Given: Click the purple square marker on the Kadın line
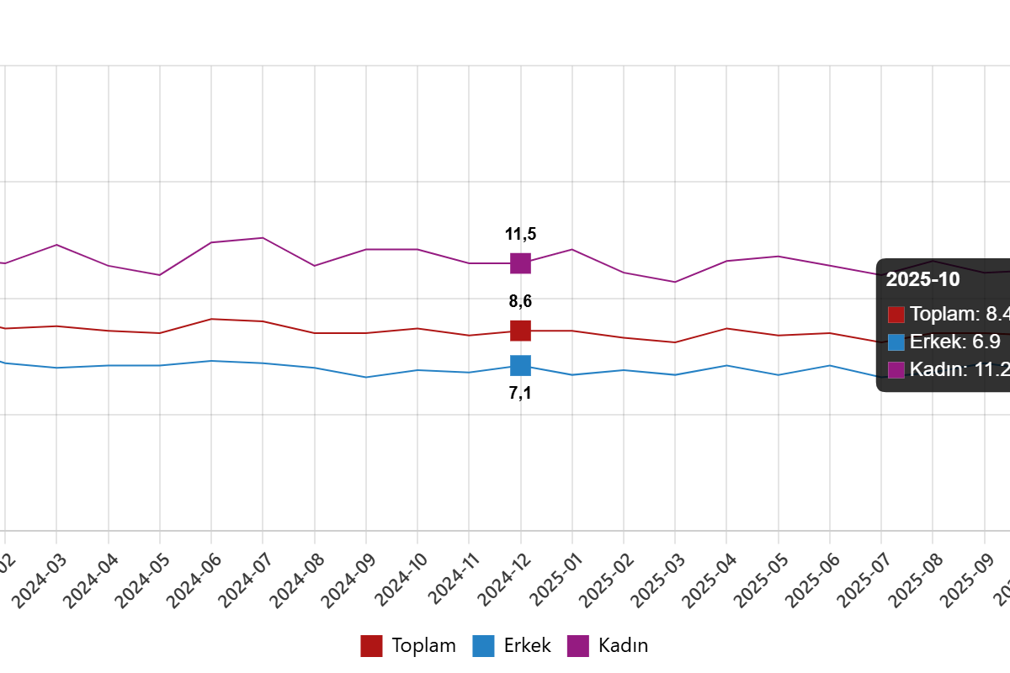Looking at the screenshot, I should click(520, 263).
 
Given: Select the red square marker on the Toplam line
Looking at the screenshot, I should click(520, 331).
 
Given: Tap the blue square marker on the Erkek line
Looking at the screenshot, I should click(520, 365).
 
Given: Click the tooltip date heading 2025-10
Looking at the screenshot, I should click(922, 280).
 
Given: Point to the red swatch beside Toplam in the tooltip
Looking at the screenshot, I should click(896, 315).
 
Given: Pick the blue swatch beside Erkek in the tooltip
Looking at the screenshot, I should click(896, 342).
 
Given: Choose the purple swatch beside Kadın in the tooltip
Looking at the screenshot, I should click(896, 369).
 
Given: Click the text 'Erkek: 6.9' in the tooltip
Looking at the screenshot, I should click(954, 342).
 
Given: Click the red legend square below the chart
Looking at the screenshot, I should click(371, 646).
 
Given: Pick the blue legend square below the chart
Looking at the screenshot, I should click(483, 646).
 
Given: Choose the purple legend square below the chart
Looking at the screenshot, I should click(577, 646).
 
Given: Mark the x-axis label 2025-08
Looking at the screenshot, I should click(915, 580).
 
